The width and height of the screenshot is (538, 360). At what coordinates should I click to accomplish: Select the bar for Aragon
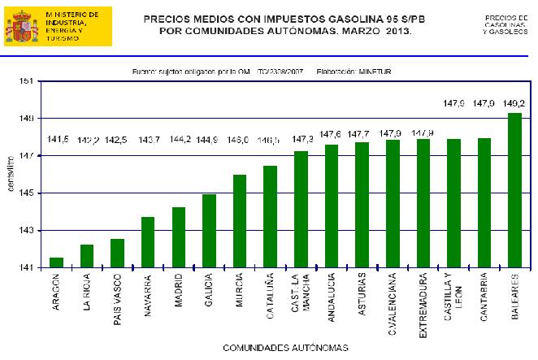coord(56,262)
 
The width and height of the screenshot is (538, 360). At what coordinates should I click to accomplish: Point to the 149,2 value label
coord(514,103)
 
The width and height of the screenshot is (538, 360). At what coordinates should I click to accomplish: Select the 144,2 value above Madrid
coord(179,139)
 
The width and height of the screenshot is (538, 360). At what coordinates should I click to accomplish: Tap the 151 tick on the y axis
coord(26,81)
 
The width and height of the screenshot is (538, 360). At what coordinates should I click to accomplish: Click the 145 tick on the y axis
coord(26,193)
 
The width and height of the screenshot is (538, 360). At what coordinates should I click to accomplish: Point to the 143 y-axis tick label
coord(26,231)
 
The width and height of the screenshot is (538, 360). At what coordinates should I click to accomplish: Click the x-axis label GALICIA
coord(209,288)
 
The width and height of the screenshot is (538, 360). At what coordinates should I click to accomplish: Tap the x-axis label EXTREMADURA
coord(422,300)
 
